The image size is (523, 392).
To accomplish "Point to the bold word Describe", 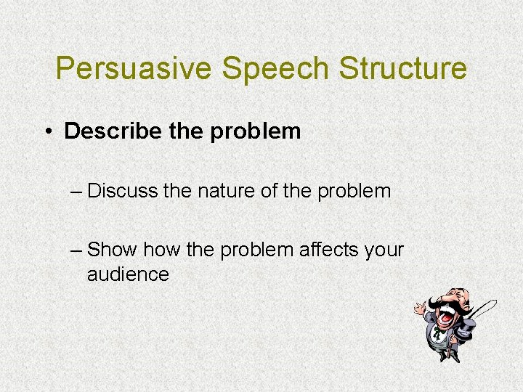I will point(107,131).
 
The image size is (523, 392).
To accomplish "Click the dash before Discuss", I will point(76,192).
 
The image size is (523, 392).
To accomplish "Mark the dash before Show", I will point(76,250).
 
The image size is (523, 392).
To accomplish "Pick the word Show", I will point(112,250).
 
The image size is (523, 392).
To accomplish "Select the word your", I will point(384,250).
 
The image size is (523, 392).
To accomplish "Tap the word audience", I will point(128,274).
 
